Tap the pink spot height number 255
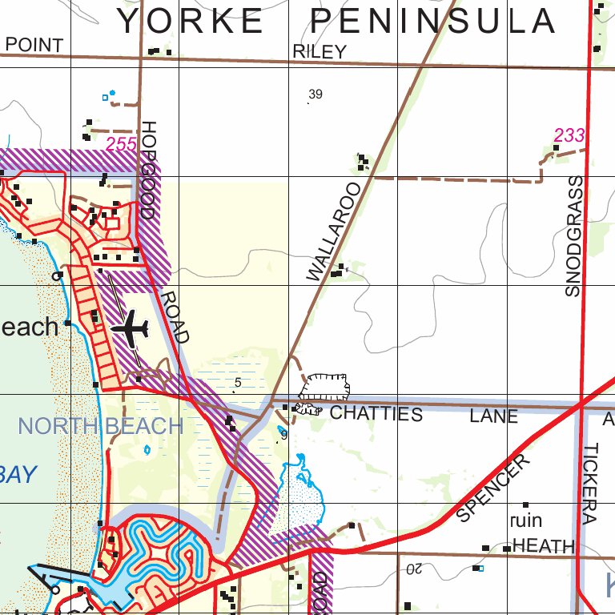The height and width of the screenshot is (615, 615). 121,144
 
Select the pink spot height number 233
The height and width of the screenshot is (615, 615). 569,135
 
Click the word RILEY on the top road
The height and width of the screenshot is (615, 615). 320,52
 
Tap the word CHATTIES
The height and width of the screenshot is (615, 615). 376,414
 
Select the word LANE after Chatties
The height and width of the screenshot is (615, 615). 493,416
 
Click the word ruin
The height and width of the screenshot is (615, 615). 525,521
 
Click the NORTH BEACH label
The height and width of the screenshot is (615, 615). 101,426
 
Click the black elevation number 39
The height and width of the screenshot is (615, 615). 315,94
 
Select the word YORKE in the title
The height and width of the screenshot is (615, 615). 191,22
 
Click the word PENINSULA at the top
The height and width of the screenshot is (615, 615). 432,22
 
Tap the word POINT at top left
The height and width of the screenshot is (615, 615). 34,45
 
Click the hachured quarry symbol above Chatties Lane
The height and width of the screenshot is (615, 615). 325,387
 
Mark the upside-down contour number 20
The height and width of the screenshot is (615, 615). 413,569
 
